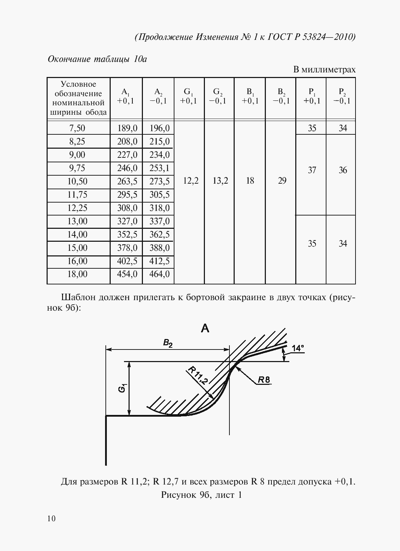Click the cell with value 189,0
(x=127, y=128)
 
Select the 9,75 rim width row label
(x=77, y=168)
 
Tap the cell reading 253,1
(x=159, y=168)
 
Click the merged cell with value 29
(x=282, y=181)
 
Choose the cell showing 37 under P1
(x=312, y=170)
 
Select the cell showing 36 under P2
(x=343, y=170)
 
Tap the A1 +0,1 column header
(x=126, y=97)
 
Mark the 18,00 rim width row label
(x=77, y=274)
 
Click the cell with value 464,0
(x=159, y=274)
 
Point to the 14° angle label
(x=298, y=348)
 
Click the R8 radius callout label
(x=264, y=380)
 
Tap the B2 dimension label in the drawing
(x=168, y=344)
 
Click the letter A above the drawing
(x=205, y=328)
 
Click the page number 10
(x=51, y=518)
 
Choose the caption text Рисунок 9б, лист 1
(x=201, y=495)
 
